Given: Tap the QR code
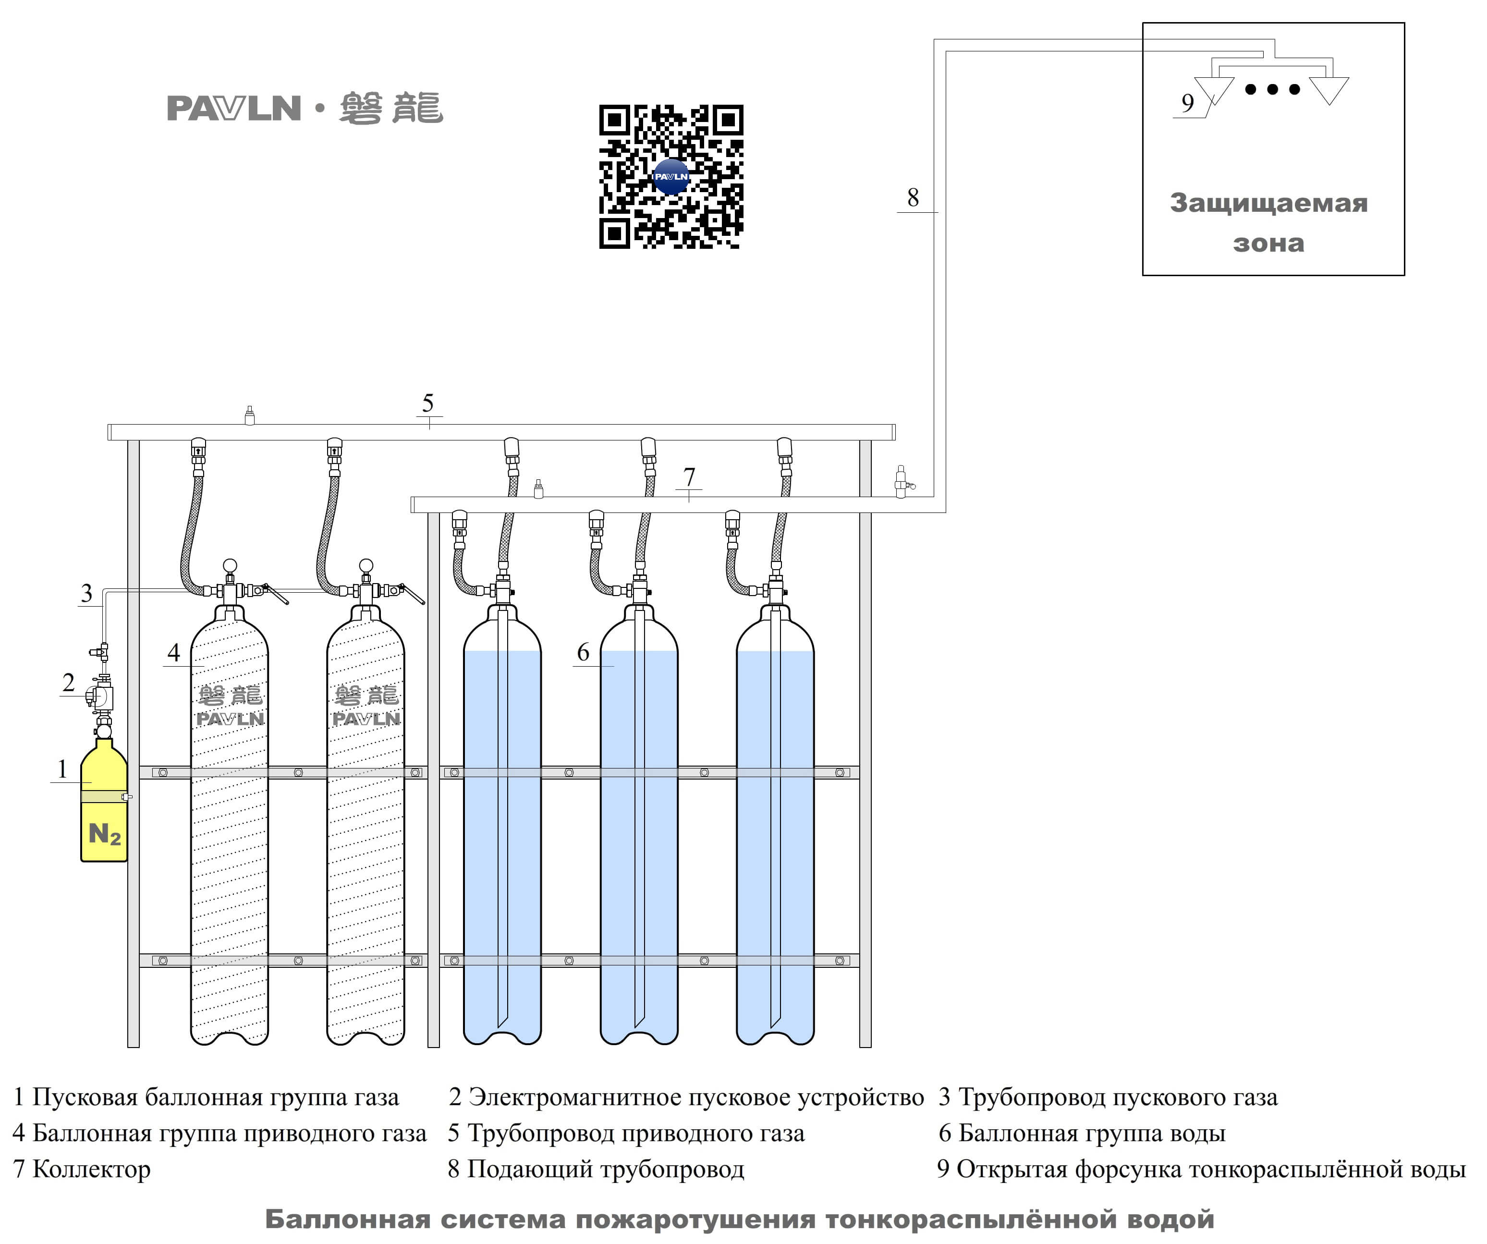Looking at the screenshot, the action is pyautogui.click(x=671, y=177).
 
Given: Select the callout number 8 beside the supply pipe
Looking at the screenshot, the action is pyautogui.click(x=914, y=197).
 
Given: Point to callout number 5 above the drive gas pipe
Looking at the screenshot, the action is pyautogui.click(x=427, y=403).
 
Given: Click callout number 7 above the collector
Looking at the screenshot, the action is pyautogui.click(x=689, y=476).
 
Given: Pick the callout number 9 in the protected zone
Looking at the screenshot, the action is pyautogui.click(x=1187, y=103).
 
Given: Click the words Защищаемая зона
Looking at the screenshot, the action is pyautogui.click(x=1269, y=222).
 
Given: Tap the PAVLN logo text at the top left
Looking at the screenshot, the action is pyautogui.click(x=234, y=109).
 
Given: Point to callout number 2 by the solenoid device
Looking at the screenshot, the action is pyautogui.click(x=68, y=683).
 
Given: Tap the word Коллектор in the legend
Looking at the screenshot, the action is pyautogui.click(x=91, y=1170).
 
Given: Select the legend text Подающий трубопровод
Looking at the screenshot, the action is pyautogui.click(x=606, y=1170).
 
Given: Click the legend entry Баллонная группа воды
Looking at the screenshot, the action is pyautogui.click(x=1092, y=1134).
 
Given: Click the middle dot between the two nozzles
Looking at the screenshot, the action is pyautogui.click(x=1272, y=89).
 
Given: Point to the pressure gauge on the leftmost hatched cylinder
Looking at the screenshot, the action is pyautogui.click(x=230, y=566).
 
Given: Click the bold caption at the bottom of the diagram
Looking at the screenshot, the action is pyautogui.click(x=740, y=1219).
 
